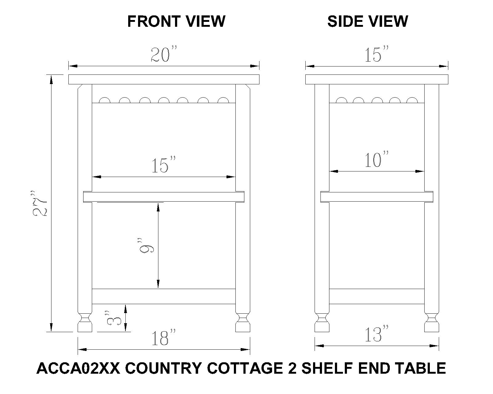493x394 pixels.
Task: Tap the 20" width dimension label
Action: coord(164,54)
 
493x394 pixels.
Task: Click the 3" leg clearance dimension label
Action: coord(114,318)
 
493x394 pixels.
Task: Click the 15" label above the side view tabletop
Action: coord(376,54)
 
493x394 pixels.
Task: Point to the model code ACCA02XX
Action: coord(78,368)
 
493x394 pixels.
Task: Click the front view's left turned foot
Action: coord(85,322)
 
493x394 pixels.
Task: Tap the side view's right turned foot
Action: coord(432,322)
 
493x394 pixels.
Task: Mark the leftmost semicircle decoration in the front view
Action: coord(104,100)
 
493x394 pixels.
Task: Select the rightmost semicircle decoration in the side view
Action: coord(412,100)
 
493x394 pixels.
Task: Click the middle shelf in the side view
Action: coord(377,197)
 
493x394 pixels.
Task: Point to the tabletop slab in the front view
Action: coord(164,79)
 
